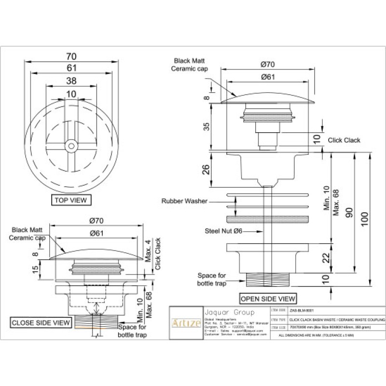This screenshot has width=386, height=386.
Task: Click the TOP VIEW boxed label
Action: (x=71, y=199)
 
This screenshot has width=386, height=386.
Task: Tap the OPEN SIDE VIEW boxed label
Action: (x=268, y=298)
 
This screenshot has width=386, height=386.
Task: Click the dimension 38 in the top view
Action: (x=71, y=81)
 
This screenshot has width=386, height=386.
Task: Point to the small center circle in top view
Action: (x=71, y=144)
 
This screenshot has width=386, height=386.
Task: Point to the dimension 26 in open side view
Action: (x=206, y=169)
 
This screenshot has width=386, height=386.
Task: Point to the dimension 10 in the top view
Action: (x=71, y=93)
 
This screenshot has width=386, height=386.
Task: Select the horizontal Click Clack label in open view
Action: (x=344, y=140)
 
